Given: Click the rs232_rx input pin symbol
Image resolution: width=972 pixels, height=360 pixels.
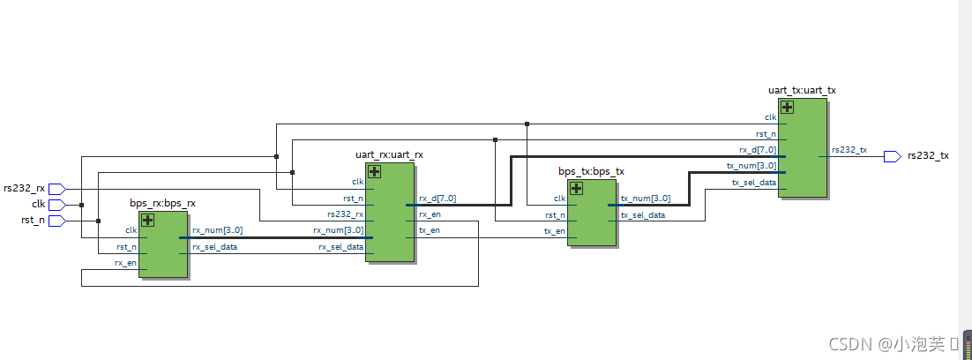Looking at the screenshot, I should click(x=56, y=188).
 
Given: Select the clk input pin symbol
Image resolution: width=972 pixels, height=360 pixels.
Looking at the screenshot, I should click(x=56, y=204).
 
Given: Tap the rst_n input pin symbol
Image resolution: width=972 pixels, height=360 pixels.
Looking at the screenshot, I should click(x=56, y=221).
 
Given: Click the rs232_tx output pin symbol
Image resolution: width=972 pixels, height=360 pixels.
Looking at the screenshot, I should click(x=892, y=156).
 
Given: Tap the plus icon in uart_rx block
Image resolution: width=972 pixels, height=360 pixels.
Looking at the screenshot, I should click(x=374, y=171).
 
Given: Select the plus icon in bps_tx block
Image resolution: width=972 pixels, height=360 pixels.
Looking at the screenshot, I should click(x=577, y=187).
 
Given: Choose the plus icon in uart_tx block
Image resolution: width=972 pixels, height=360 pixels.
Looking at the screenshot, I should click(x=787, y=107).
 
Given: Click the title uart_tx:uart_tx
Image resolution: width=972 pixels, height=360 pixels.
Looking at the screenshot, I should click(x=802, y=90).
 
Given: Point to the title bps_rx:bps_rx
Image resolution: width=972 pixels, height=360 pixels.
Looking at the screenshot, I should click(x=162, y=204).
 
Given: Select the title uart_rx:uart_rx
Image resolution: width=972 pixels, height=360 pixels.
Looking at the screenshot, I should click(x=389, y=154).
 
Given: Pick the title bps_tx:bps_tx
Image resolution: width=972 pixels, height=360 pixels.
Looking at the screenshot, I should click(x=591, y=171).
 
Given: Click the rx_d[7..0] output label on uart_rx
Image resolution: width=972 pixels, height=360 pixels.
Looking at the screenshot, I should click(x=437, y=199).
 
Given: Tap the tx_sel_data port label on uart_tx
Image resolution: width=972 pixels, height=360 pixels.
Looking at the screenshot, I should click(x=754, y=183).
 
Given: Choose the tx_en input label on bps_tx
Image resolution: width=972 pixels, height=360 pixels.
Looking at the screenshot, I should click(x=555, y=230).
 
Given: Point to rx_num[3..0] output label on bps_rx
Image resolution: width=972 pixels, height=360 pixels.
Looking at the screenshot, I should click(x=217, y=230).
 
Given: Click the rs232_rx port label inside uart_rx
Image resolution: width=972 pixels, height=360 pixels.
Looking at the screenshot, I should click(x=345, y=214).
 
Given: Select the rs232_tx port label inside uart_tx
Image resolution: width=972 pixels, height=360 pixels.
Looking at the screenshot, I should click(x=849, y=150).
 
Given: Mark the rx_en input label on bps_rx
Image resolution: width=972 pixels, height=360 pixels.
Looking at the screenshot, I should click(x=125, y=263).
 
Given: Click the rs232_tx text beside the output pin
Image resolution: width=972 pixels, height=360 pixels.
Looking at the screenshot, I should click(x=928, y=156).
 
